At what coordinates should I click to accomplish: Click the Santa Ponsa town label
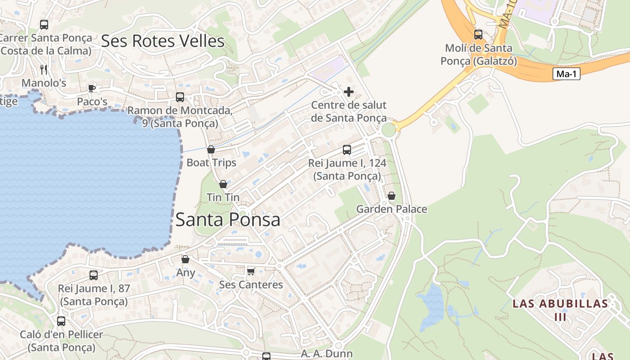[x=228, y=220]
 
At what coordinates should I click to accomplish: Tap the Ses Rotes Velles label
[x=162, y=41]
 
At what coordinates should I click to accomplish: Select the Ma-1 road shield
[x=566, y=74]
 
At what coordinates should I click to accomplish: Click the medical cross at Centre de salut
[x=348, y=92]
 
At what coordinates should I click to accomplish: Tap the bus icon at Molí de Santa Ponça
[x=478, y=34]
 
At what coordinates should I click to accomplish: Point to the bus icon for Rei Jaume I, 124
[x=346, y=150]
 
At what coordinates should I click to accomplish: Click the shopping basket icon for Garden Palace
[x=391, y=196]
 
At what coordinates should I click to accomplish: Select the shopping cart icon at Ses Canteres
[x=251, y=271]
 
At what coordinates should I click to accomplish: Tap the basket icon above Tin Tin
[x=223, y=184]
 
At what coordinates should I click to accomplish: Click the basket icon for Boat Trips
[x=211, y=149]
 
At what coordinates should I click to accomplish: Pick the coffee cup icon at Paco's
[x=92, y=88]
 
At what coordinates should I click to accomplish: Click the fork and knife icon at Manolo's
[x=44, y=69]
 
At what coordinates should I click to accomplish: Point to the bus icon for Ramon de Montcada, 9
[x=180, y=97]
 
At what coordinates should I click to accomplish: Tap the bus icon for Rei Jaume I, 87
[x=94, y=275]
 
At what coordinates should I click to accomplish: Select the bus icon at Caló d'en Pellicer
[x=61, y=321]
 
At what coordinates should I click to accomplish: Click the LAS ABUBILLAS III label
[x=560, y=310]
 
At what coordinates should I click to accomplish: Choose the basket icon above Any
[x=185, y=259]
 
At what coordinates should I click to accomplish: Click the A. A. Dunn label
[x=327, y=354]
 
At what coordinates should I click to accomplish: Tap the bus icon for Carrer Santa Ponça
[x=44, y=25]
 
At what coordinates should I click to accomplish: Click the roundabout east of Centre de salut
[x=388, y=130]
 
